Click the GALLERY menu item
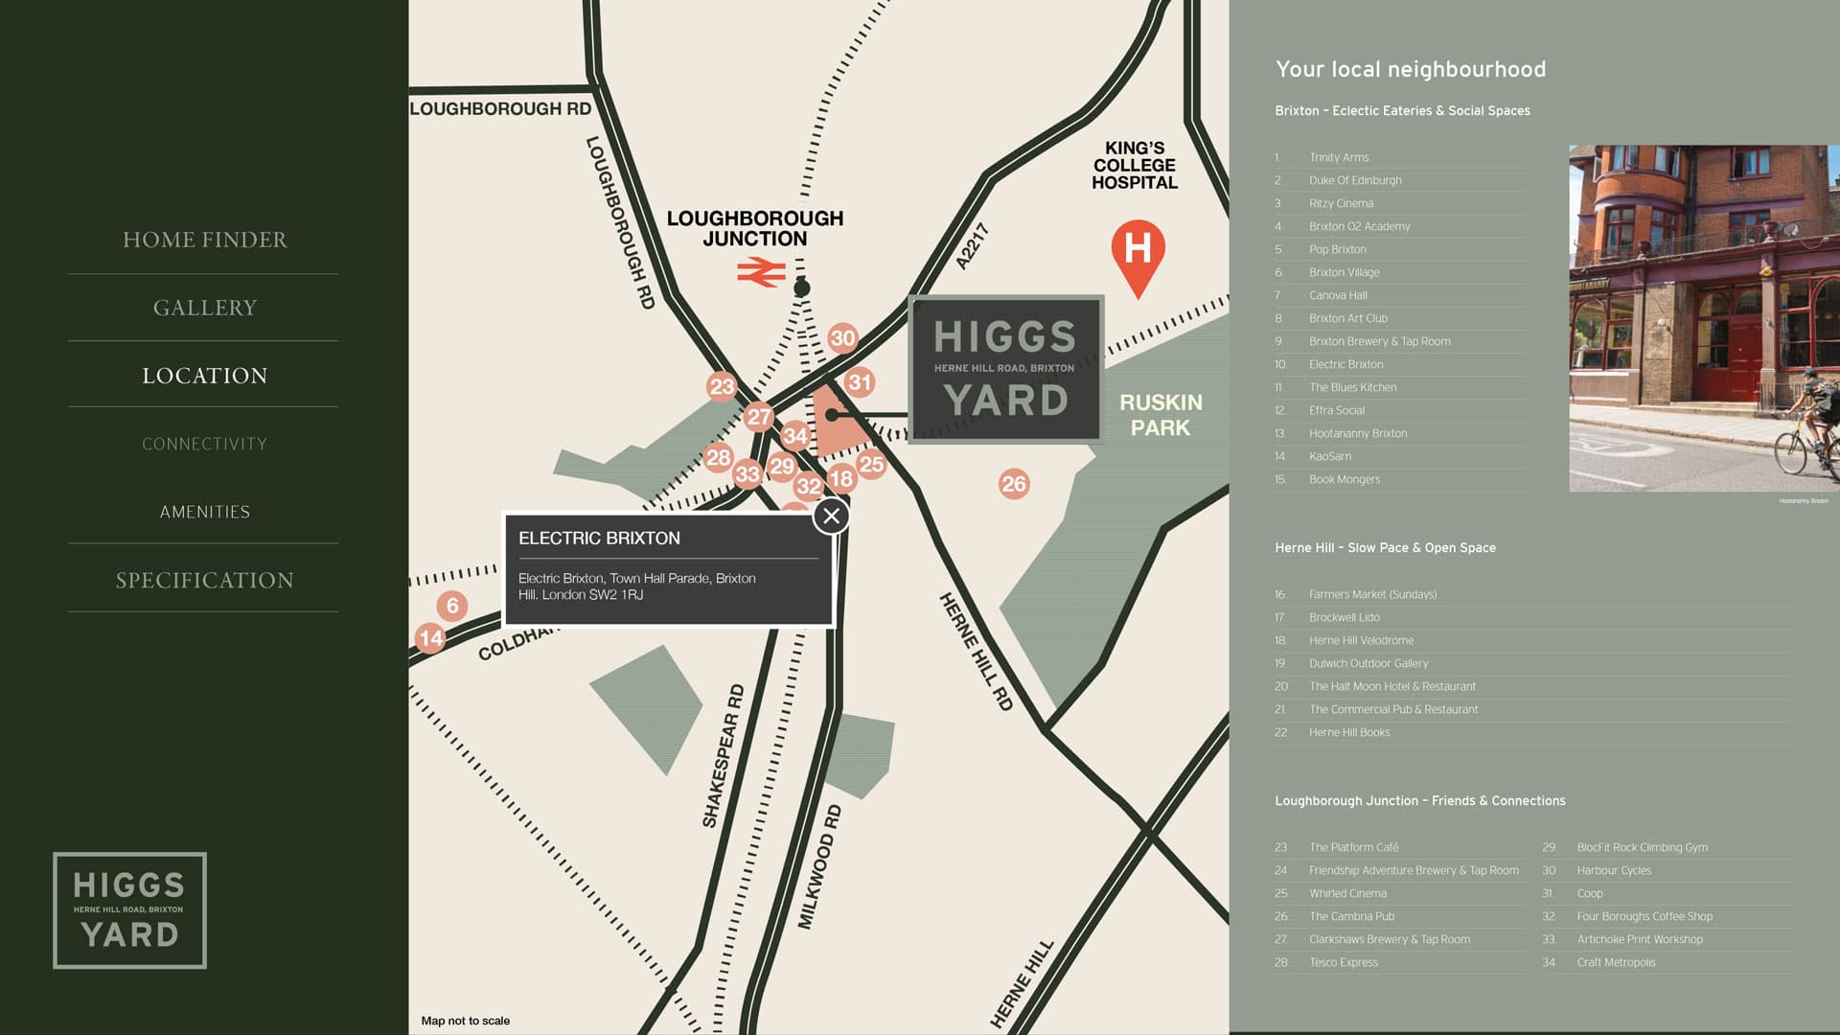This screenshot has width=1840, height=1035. click(204, 308)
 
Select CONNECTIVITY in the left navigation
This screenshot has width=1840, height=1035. click(204, 444)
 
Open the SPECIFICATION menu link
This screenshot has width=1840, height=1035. click(204, 580)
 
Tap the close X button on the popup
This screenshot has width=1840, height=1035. click(831, 517)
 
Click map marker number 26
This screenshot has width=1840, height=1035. click(1013, 484)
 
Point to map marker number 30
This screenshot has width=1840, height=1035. click(842, 338)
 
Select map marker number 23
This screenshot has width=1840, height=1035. click(722, 387)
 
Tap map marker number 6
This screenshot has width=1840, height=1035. click(452, 606)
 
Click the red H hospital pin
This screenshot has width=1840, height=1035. click(1138, 253)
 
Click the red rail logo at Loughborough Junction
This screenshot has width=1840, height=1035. click(761, 274)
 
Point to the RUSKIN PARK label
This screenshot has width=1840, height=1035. click(1161, 415)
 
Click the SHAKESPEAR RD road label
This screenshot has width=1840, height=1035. click(723, 756)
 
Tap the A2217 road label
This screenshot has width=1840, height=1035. click(972, 246)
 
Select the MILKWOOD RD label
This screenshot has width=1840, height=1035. click(819, 866)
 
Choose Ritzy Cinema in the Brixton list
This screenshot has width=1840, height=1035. click(1341, 203)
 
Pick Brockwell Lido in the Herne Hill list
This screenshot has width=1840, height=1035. click(1344, 617)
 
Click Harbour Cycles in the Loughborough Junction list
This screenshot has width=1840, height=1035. click(1614, 870)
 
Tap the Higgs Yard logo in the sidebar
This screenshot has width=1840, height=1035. click(129, 909)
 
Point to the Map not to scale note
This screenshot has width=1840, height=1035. click(466, 1021)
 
